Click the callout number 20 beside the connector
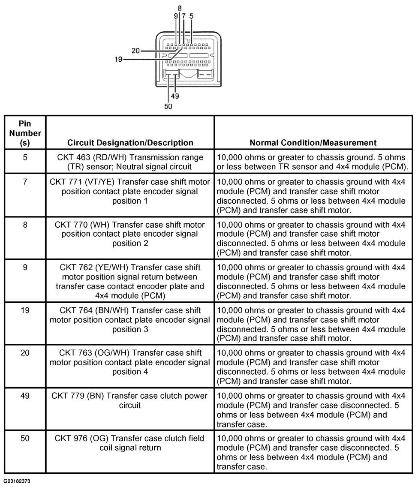tap(135, 51)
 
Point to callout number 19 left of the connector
tap(118, 59)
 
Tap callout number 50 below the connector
tap(168, 106)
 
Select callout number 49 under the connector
tap(175, 96)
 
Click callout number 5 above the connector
tap(191, 16)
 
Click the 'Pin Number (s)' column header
tap(25, 133)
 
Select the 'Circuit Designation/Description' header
tap(130, 142)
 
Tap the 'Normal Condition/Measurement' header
tap(313, 142)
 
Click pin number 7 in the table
tap(25, 182)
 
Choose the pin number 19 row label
tap(25, 310)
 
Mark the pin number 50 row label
tap(25, 439)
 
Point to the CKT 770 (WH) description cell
tap(130, 234)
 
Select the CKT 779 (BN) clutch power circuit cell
tap(130, 400)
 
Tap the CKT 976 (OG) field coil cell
tap(130, 443)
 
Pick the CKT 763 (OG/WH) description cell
tap(130, 362)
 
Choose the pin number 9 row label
tap(25, 267)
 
